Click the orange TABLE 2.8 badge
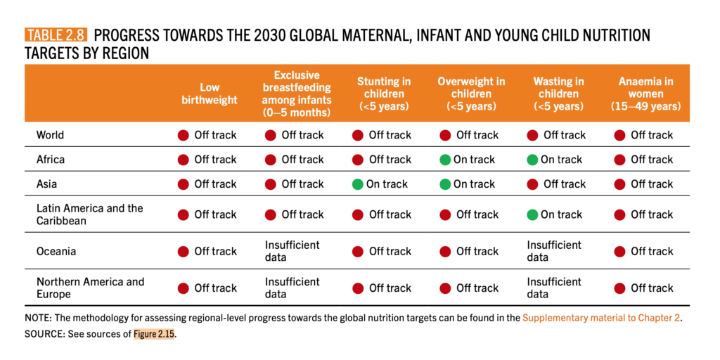click(56, 35)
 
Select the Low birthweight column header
click(210, 94)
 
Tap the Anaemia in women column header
click(645, 94)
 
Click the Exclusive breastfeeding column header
click(297, 94)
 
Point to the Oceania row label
click(56, 251)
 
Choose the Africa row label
click(51, 160)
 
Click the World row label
click(50, 135)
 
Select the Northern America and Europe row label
click(90, 288)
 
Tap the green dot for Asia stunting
click(358, 184)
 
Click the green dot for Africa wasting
click(532, 160)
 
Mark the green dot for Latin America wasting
click(532, 214)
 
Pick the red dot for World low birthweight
click(184, 136)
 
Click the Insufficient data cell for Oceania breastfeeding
click(292, 251)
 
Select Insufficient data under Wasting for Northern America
click(554, 288)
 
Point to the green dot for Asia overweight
click(444, 184)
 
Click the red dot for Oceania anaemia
click(619, 252)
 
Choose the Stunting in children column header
click(384, 94)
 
